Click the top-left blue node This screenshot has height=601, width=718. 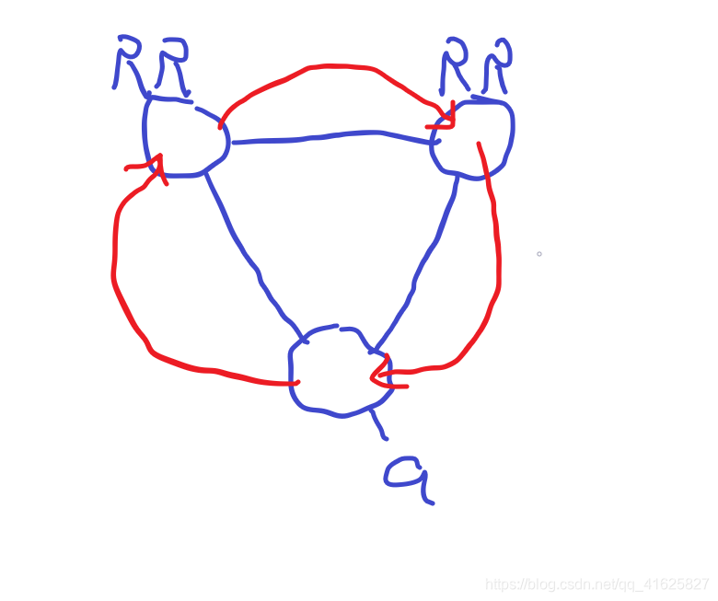[x=185, y=136]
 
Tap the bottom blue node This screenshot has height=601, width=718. [x=338, y=371]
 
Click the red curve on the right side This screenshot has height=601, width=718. [x=497, y=258]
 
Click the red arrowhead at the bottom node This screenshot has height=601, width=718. [x=379, y=374]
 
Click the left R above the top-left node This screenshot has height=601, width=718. [x=127, y=63]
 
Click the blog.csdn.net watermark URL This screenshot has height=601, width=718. [x=597, y=584]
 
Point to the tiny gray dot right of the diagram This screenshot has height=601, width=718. [x=539, y=253]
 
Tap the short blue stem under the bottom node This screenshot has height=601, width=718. [x=377, y=423]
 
